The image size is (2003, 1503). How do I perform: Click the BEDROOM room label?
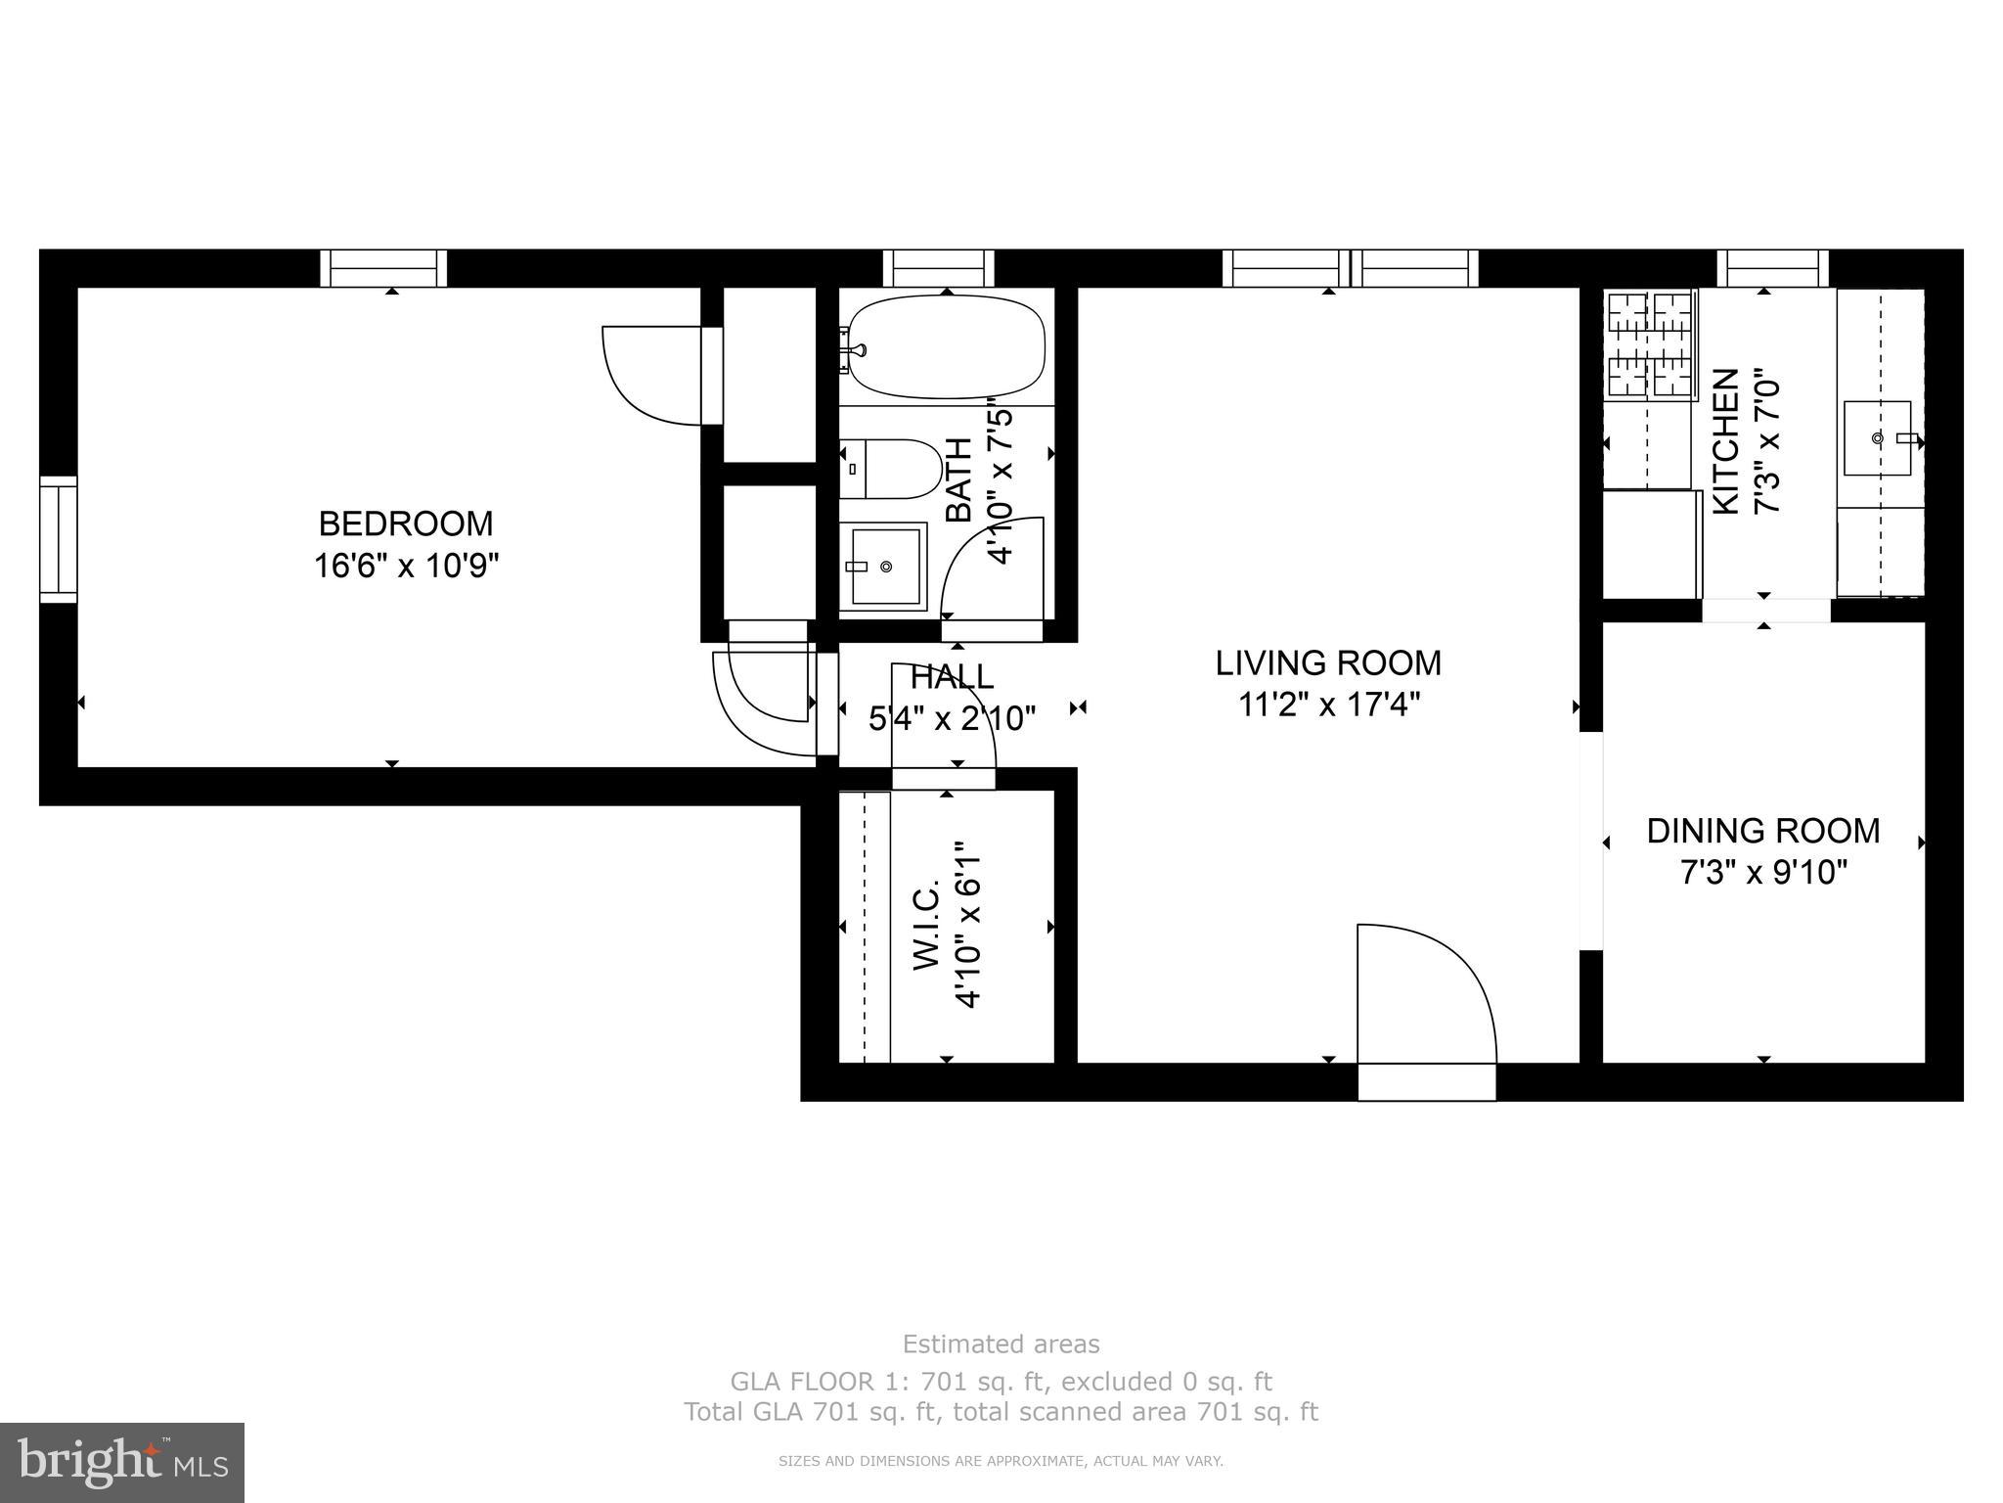[x=406, y=524]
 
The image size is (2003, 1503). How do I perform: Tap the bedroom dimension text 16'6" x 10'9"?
[x=406, y=566]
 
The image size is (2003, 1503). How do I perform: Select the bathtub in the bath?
[x=945, y=348]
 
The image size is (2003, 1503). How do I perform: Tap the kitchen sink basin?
[x=1877, y=438]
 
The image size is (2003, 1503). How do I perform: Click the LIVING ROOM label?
[x=1328, y=663]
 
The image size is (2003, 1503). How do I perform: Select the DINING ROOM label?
[x=1763, y=831]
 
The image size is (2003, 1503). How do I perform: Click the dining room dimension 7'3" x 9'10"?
[x=1763, y=872]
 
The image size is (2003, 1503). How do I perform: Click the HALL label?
[x=952, y=676]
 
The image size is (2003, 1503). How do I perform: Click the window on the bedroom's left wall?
[x=58, y=539]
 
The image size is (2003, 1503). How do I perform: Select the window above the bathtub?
[x=938, y=268]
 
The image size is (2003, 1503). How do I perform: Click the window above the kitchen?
[x=1773, y=268]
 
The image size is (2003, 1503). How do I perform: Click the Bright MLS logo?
[x=121, y=1462]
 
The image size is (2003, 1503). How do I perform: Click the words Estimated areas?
[x=1001, y=1344]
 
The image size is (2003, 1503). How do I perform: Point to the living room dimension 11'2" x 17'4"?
[x=1328, y=704]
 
